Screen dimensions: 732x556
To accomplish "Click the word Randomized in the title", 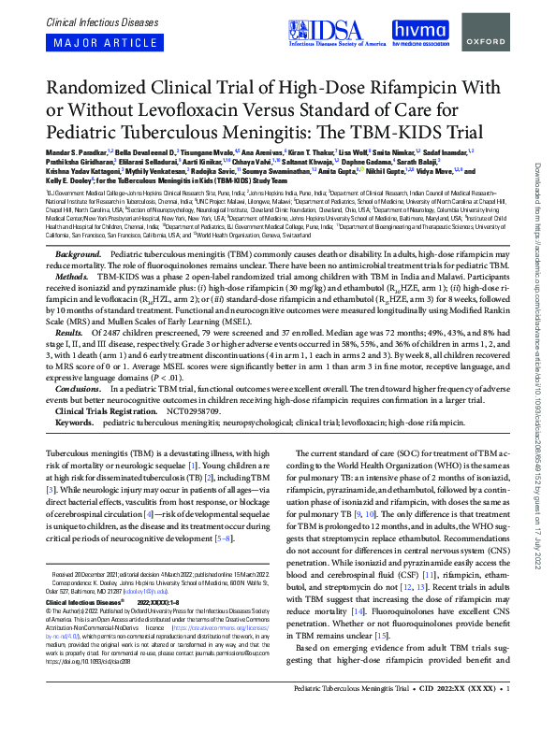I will [101, 87].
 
